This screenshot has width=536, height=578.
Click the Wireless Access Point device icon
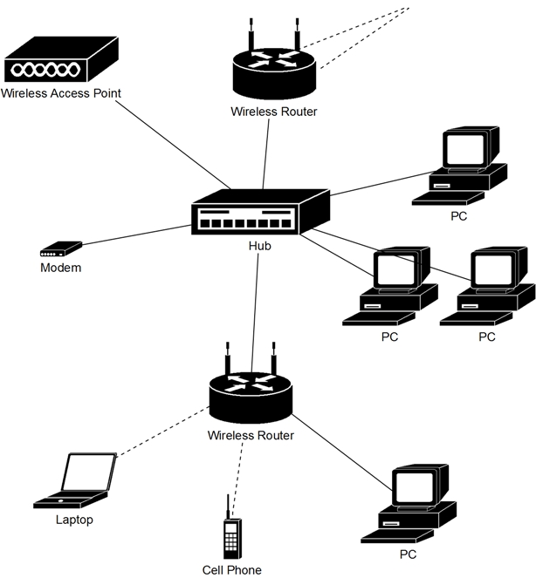click(60, 61)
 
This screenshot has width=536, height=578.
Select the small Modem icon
click(60, 250)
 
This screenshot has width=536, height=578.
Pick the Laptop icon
click(78, 481)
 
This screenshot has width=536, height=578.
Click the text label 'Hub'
click(259, 247)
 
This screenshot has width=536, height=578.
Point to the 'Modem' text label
click(61, 268)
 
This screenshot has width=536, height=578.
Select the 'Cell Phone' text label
click(231, 570)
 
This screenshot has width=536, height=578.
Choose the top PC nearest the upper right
click(464, 166)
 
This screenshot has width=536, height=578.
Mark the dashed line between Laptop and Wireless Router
click(161, 435)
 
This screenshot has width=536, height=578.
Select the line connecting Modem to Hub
click(135, 238)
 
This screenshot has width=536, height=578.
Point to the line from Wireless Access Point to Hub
click(170, 144)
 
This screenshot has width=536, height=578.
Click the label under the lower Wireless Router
click(251, 435)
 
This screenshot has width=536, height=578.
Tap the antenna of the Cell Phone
click(229, 507)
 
